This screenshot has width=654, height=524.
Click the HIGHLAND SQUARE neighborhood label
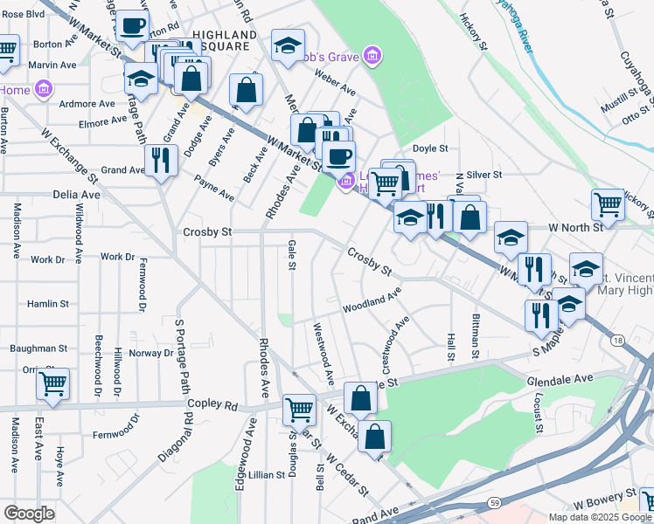pyautogui.click(x=226, y=40)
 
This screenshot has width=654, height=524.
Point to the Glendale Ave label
pyautogui.click(x=560, y=378)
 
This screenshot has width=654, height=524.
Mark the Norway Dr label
pyautogui.click(x=150, y=353)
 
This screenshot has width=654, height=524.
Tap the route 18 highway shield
pyautogui.click(x=619, y=339)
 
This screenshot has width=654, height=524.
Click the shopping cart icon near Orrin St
pyautogui.click(x=52, y=383)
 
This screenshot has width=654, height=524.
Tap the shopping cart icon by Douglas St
pyautogui.click(x=299, y=408)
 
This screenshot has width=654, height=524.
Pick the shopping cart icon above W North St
pyautogui.click(x=608, y=203)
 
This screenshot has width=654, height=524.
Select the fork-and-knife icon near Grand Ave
pyautogui.click(x=161, y=159)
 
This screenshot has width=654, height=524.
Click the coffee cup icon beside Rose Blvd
pyautogui.click(x=133, y=26)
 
